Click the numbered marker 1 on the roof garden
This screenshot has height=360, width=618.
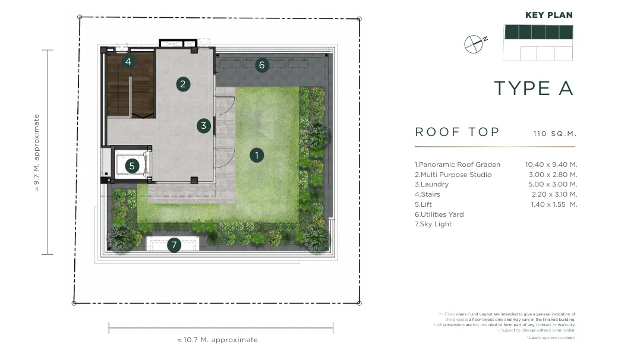pos(257,155)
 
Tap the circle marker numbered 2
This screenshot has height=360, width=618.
pos(183,84)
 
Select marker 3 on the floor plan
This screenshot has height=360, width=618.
pos(203,126)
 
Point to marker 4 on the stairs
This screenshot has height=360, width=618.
pos(128,61)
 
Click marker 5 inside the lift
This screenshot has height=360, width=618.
pos(132,166)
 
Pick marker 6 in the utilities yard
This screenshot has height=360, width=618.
pos(261,65)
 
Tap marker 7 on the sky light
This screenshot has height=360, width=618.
pos(174,245)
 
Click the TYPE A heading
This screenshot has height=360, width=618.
pos(533,89)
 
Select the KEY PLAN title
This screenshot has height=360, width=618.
pos(549,15)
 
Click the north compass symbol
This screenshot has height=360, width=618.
pos(475,44)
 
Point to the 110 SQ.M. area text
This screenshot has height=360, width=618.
pos(555,134)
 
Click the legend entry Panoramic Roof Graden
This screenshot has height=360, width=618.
pos(457,165)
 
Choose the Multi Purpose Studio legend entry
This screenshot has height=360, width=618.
pos(453,175)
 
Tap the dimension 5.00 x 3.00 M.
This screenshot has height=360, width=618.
pos(553,184)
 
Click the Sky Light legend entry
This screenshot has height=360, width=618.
pos(433,224)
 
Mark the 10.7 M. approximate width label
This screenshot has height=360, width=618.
pos(217,340)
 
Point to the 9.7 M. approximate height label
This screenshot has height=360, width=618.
pos(37,153)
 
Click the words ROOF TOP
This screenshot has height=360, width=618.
pos(457,132)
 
